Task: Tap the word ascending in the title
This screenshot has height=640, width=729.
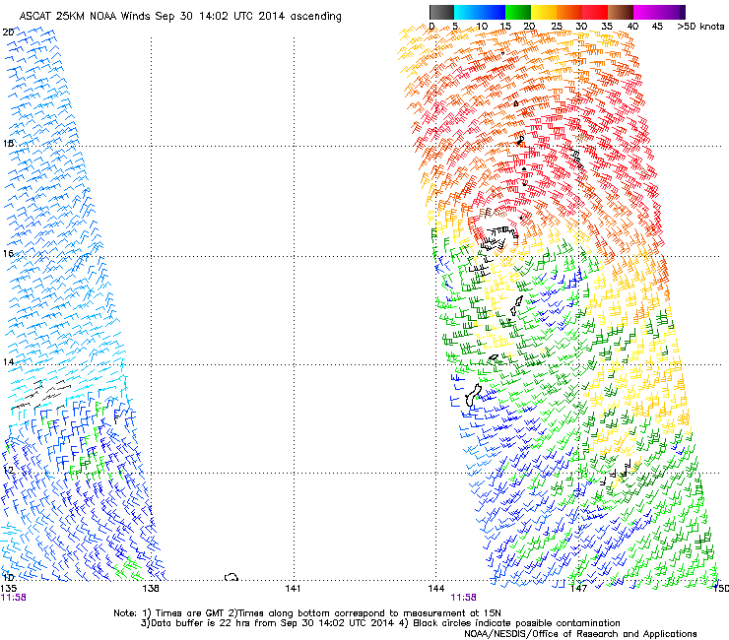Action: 309,17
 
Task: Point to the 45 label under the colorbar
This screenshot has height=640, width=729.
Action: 657,27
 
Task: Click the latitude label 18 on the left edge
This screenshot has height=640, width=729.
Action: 8,145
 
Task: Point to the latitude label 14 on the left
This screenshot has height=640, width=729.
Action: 8,363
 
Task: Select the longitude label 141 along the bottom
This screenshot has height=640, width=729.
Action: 293,589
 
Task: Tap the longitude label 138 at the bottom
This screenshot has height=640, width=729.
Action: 151,589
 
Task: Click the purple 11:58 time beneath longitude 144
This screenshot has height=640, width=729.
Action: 464,597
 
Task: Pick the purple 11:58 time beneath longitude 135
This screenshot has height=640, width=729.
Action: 14,597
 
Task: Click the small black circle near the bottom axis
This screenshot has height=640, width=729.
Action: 232,577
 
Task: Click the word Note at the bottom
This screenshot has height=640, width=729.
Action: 124,611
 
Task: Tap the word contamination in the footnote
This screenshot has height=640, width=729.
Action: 582,623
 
